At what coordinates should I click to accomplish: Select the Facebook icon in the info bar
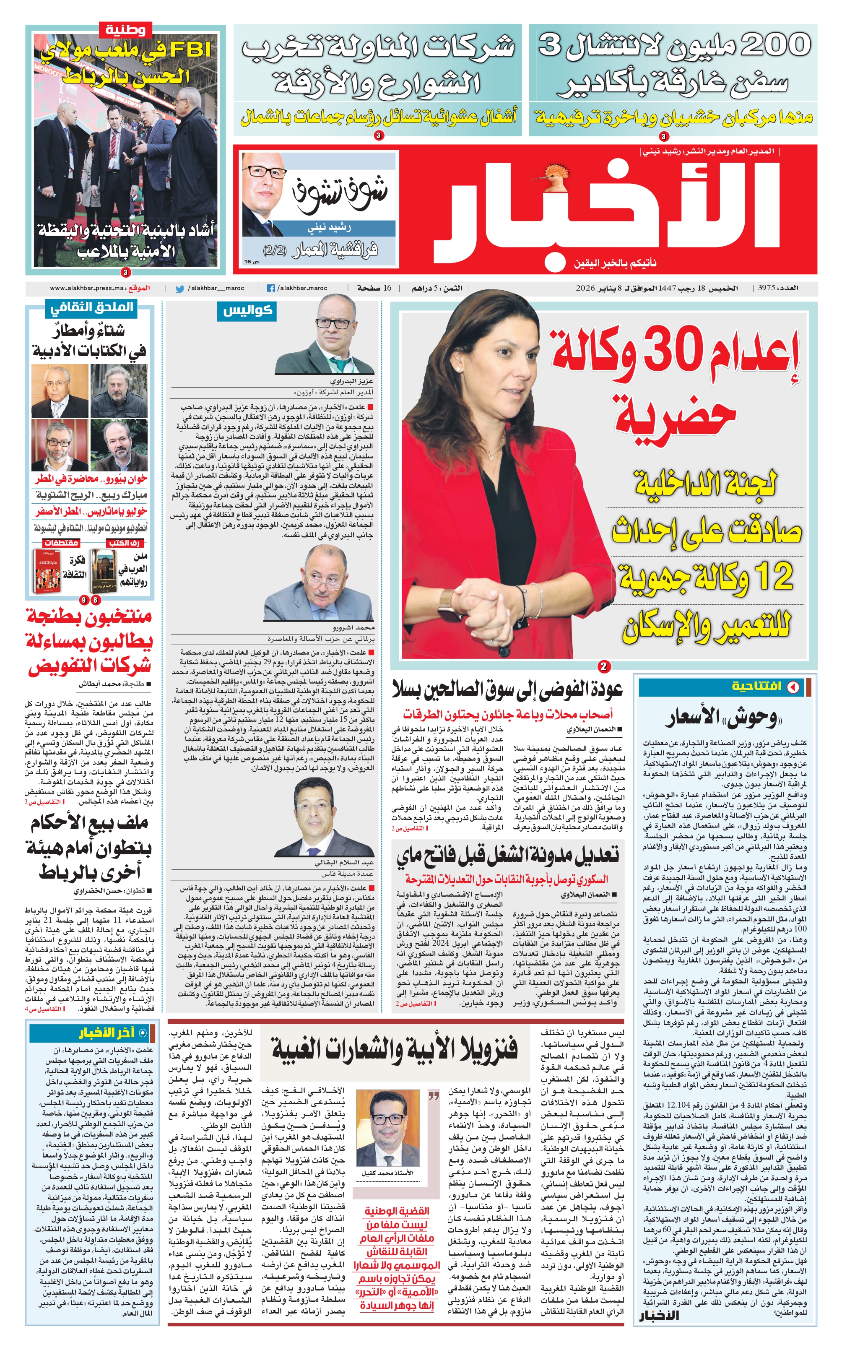pos(271,289)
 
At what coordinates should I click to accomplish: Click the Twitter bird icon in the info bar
pos(179,289)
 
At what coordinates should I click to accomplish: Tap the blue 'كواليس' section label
pos(247,311)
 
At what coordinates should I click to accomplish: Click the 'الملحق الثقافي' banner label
pos(92,307)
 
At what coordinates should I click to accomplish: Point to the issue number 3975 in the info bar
pos(767,289)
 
